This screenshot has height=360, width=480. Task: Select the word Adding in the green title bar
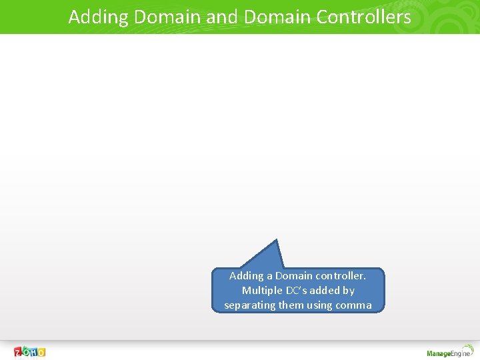[99, 17]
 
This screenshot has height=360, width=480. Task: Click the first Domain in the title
[167, 17]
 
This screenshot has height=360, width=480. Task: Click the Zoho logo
[30, 352]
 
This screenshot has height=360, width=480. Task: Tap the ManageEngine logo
[449, 353]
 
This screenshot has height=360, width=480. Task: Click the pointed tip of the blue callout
[276, 240]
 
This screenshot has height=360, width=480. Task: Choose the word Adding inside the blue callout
[247, 275]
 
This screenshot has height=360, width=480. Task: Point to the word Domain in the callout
[294, 275]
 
